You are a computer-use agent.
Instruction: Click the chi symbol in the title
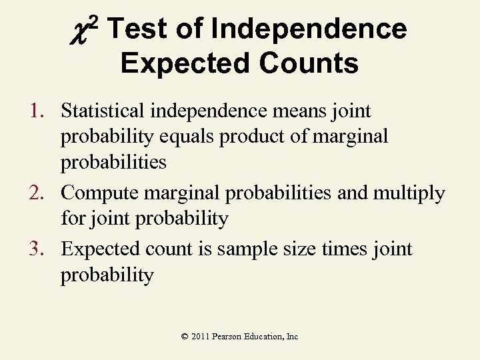click(83, 31)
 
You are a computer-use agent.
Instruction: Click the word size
click(304, 249)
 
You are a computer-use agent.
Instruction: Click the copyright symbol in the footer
click(185, 337)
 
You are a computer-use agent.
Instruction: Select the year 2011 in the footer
click(200, 337)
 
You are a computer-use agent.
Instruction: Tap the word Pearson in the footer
click(227, 337)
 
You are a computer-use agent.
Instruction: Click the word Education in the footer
click(263, 337)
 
